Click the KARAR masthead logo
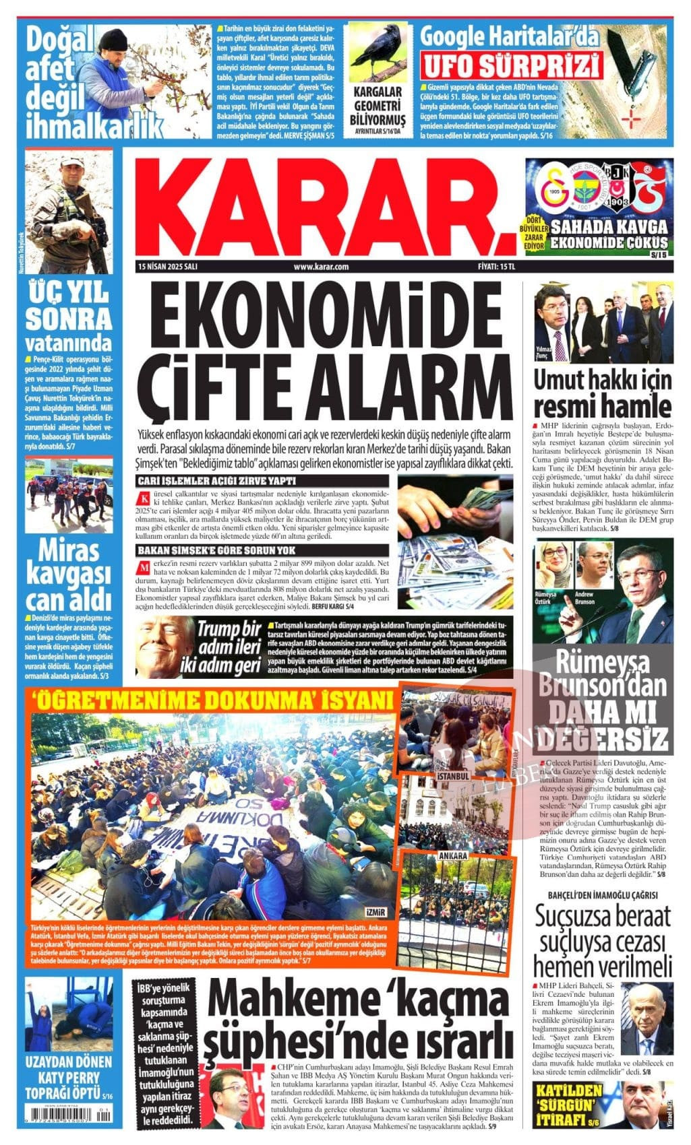tap(317, 205)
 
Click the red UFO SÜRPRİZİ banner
tap(512, 67)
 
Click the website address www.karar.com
tap(322, 267)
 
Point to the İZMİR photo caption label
tap(376, 913)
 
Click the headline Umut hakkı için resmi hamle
tap(602, 395)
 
